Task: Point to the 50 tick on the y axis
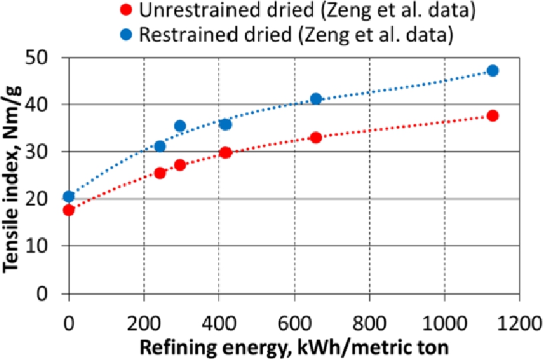pos(45,58)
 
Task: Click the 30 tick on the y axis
pos(45,152)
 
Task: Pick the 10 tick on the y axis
pos(45,246)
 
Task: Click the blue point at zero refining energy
pos(69,197)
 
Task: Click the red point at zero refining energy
pos(69,210)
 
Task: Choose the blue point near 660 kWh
pos(316,99)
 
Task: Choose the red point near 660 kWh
pos(316,137)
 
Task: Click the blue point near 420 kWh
pos(225,124)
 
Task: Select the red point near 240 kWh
pos(160,173)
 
